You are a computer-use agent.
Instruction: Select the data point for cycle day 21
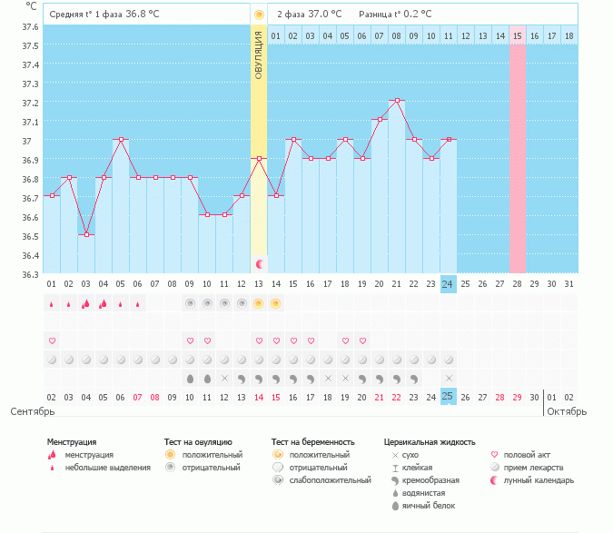point(396,101)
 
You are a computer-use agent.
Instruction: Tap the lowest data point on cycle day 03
point(86,234)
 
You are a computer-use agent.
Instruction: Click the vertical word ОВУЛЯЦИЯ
point(259,54)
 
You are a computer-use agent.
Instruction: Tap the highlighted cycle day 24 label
point(448,283)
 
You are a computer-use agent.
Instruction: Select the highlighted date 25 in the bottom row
point(448,397)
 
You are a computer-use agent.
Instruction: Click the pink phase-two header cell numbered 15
point(517,35)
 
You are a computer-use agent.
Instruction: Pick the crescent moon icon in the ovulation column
point(260,263)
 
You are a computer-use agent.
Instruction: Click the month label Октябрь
point(566,411)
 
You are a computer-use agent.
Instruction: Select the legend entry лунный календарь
point(540,479)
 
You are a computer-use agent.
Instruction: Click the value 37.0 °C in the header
point(324,15)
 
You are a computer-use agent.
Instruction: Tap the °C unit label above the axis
point(32,5)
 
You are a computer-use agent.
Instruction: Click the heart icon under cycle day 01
point(52,341)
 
